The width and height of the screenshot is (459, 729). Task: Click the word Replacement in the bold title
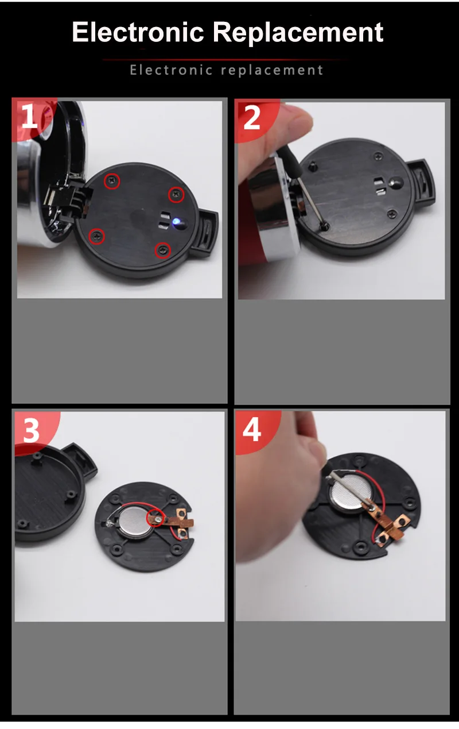point(298,33)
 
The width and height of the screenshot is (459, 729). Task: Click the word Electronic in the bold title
point(138,32)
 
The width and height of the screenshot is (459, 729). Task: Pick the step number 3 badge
point(32,430)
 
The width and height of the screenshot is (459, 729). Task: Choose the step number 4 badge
point(252,429)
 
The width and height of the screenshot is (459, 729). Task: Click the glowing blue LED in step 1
point(177,222)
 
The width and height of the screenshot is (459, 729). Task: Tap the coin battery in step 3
point(135,523)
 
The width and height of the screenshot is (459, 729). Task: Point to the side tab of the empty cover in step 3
point(79,458)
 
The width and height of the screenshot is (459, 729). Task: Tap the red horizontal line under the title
point(224,60)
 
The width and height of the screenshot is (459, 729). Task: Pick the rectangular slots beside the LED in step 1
point(165,220)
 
